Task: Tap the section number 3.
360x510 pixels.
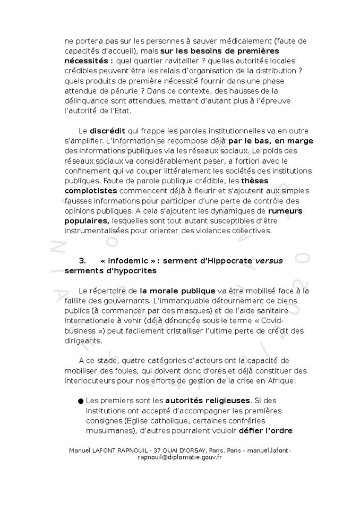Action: coord(82,261)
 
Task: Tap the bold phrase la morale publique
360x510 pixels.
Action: coord(178,291)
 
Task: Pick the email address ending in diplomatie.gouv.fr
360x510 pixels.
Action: coord(180,457)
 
